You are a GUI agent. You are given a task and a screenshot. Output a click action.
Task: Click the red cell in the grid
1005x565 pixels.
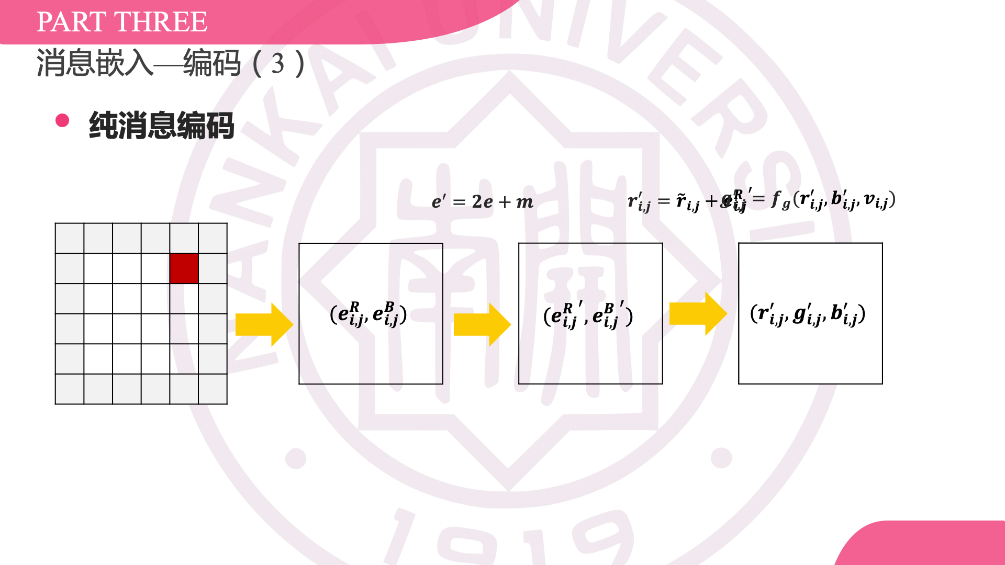click(x=184, y=268)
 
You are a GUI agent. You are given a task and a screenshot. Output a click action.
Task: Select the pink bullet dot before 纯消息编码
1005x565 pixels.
click(x=62, y=120)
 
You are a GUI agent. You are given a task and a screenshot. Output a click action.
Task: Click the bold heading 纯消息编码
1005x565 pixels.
click(x=161, y=126)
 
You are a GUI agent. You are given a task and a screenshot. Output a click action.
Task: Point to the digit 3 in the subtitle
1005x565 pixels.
click(x=278, y=64)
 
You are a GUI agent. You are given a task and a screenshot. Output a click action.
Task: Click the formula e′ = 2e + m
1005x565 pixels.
click(x=482, y=201)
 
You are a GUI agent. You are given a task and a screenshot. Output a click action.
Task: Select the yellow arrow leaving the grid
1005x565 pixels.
click(x=263, y=324)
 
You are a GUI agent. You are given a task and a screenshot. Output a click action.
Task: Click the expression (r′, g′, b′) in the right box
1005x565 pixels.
click(x=808, y=314)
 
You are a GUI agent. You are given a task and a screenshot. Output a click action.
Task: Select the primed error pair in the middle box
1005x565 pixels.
click(x=588, y=315)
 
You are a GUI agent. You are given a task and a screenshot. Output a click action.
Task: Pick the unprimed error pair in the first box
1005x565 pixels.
click(x=368, y=314)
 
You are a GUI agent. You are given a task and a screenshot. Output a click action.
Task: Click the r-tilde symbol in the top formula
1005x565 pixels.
click(x=681, y=200)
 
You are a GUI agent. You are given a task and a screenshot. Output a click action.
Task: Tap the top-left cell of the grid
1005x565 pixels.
click(x=70, y=238)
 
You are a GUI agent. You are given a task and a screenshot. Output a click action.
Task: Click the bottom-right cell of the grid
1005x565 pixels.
click(x=213, y=389)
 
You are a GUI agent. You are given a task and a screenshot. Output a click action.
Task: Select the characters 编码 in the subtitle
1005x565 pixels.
click(x=212, y=64)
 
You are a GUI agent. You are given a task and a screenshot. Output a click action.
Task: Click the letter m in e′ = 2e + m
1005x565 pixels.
click(x=524, y=202)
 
